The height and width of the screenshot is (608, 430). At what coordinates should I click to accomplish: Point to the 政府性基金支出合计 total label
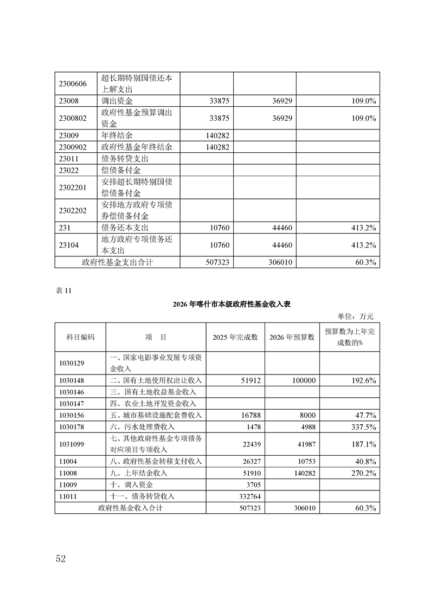tap(117, 262)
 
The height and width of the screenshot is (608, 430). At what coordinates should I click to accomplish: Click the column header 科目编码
tap(80, 337)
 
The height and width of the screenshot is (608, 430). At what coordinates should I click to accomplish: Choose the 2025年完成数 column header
tap(235, 337)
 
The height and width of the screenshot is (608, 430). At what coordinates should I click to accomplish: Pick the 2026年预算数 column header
tap(292, 337)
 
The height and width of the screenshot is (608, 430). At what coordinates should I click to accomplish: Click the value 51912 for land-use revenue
tap(250, 380)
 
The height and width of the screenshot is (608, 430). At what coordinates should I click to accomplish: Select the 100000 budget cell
tap(303, 380)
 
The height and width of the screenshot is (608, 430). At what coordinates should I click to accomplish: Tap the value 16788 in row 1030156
tap(250, 415)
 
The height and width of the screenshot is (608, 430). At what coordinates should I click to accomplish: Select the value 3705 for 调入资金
tap(254, 484)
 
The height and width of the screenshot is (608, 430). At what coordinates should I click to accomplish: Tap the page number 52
tap(60, 559)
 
